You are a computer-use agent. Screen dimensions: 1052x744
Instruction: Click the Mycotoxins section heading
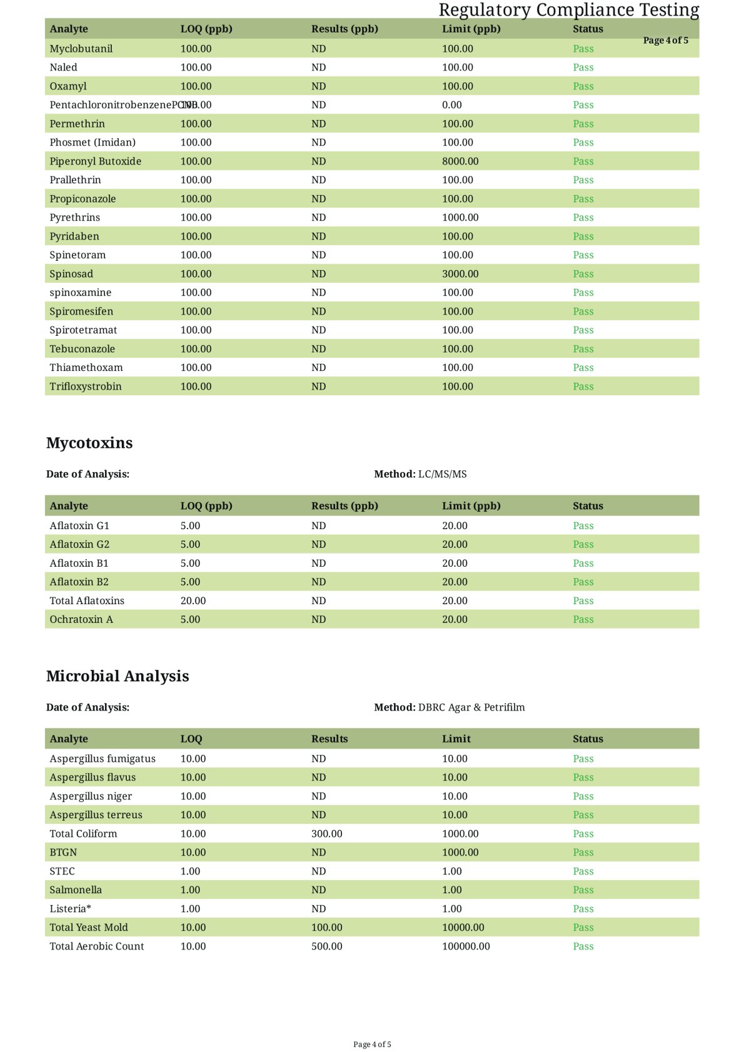(x=89, y=443)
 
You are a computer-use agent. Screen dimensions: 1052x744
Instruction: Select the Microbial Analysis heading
(x=118, y=676)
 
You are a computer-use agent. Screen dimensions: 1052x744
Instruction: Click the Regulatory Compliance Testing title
(x=568, y=10)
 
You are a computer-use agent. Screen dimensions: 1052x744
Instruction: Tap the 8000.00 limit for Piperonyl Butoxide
(x=460, y=161)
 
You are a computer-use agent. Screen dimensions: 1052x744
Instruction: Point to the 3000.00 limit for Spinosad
(x=460, y=274)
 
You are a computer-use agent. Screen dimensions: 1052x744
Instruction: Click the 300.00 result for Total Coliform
(x=327, y=834)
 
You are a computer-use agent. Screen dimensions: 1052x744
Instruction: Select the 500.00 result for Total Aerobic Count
(x=327, y=946)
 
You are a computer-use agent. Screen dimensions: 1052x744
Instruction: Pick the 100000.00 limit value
(x=466, y=946)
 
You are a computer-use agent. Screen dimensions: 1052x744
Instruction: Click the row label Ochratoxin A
(x=81, y=619)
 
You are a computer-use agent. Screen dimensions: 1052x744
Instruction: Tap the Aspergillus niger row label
(x=91, y=796)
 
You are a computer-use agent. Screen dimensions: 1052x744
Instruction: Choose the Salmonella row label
(x=76, y=890)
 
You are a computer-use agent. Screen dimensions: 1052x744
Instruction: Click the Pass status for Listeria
(x=583, y=909)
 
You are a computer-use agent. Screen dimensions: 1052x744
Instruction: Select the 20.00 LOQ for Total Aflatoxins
(x=193, y=600)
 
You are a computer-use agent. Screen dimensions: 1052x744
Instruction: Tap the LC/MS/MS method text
(x=442, y=474)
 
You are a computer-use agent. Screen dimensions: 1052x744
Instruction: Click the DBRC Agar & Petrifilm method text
(x=471, y=707)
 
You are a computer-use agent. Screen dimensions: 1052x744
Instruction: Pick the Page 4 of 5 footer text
(x=372, y=1044)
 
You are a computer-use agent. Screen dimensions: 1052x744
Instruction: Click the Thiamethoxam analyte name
(x=86, y=368)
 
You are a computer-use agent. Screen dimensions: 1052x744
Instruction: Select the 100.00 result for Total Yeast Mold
(x=327, y=928)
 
